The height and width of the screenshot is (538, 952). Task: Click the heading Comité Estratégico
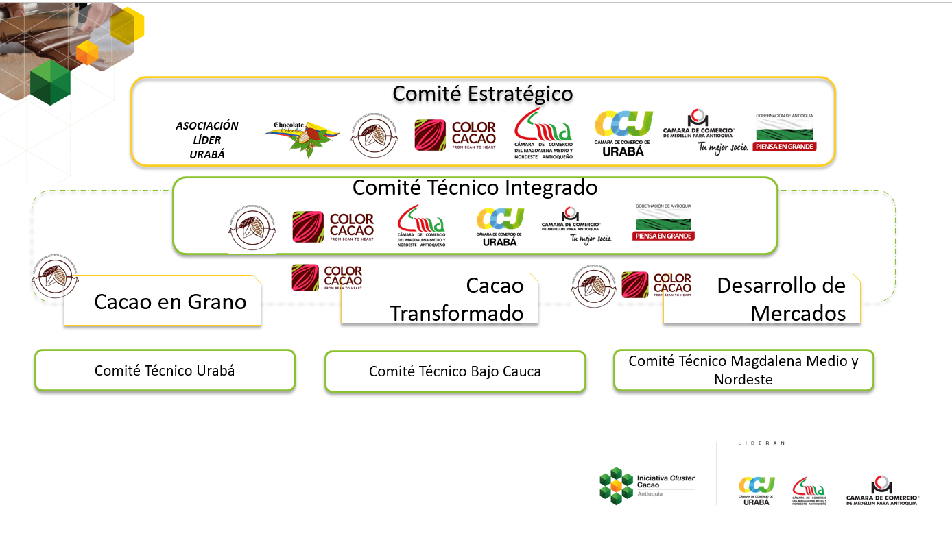[x=482, y=93]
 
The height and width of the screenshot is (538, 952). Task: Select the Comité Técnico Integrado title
[x=475, y=187]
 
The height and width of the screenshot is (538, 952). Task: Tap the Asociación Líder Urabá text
[x=206, y=140]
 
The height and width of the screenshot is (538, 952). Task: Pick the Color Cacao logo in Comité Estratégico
[x=455, y=136]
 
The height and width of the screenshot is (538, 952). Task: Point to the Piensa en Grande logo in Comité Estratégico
[x=784, y=132]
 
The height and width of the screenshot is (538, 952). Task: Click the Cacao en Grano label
[x=170, y=302]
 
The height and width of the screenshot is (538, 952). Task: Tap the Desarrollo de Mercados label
[x=781, y=299]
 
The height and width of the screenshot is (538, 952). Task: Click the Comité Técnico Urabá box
[x=165, y=371]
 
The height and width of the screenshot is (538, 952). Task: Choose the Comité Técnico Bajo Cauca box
[x=455, y=371]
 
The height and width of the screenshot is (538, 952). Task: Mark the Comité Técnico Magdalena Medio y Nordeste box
[x=743, y=369]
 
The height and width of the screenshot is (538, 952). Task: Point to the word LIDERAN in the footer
[x=761, y=443]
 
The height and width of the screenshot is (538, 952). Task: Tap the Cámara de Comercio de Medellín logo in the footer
[x=881, y=491]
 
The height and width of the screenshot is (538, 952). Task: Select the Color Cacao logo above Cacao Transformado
[x=326, y=278]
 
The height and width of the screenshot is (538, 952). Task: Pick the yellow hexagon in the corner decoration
[x=127, y=25]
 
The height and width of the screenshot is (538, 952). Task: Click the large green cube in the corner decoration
[x=50, y=82]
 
